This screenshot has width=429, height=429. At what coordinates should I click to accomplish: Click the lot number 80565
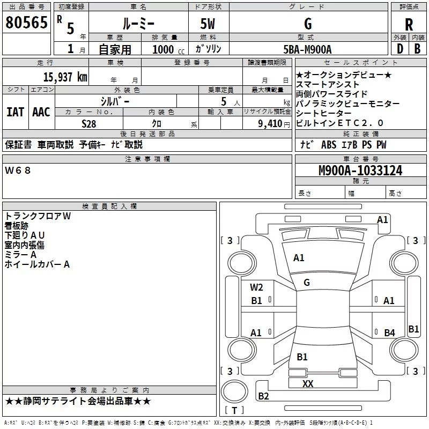tap(26, 23)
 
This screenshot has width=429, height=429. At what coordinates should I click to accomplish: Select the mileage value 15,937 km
tap(65, 77)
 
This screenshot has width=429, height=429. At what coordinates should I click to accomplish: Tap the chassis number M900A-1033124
tap(360, 171)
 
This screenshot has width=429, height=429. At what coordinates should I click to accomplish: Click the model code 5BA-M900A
tap(307, 49)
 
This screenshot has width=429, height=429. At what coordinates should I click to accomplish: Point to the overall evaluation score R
tap(409, 25)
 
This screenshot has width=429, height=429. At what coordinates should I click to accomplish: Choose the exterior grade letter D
tap(400, 49)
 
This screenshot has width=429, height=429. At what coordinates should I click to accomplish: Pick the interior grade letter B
tap(417, 49)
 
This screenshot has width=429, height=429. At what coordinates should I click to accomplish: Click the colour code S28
tap(89, 124)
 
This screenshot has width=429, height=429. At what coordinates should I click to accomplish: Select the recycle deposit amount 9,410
tap(270, 124)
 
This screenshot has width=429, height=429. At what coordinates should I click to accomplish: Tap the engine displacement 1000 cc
tap(168, 49)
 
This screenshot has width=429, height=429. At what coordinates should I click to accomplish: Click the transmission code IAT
tap(16, 112)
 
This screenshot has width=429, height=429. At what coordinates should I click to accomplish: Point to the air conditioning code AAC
tap(41, 112)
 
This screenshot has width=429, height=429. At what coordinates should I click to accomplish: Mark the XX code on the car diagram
tap(308, 383)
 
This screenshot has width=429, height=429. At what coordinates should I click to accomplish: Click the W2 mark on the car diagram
tap(256, 287)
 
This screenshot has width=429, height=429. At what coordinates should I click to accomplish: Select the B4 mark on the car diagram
tap(389, 332)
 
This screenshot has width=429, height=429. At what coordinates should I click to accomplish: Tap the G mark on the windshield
tap(307, 283)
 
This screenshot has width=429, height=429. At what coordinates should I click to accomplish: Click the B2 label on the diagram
tap(263, 396)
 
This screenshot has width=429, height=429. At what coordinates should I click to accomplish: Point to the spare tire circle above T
tap(234, 391)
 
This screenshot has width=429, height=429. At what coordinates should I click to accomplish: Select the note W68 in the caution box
tap(18, 171)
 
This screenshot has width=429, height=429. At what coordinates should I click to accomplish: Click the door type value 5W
tap(208, 24)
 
